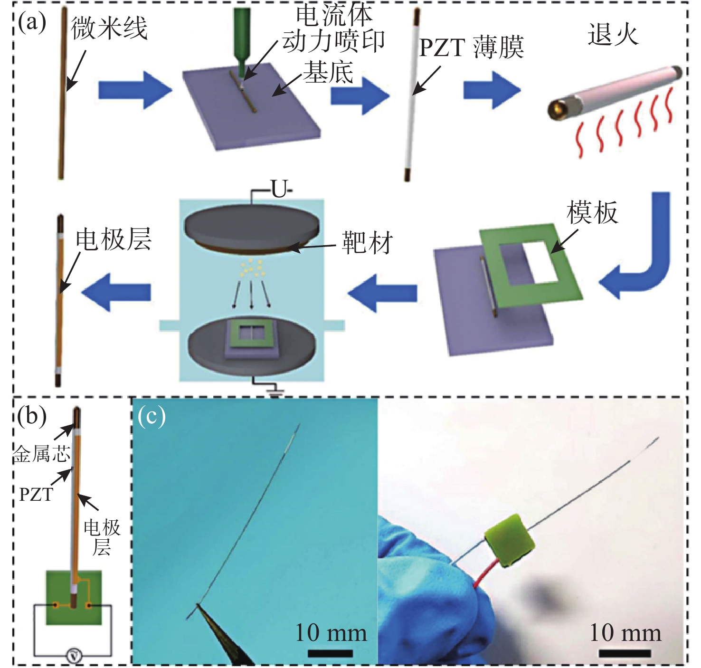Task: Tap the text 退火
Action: [x=613, y=34]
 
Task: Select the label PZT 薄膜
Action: [x=472, y=48]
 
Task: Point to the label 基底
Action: [x=328, y=72]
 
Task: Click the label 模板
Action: [x=592, y=212]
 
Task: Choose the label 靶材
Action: [x=367, y=243]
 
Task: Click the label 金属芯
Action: [x=42, y=454]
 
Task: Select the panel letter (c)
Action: [x=152, y=416]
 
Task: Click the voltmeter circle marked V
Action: [x=74, y=656]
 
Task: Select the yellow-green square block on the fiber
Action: [x=510, y=541]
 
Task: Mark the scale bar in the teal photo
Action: [x=330, y=654]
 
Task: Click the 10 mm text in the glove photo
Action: [x=625, y=633]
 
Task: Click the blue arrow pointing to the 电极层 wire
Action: [x=116, y=292]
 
